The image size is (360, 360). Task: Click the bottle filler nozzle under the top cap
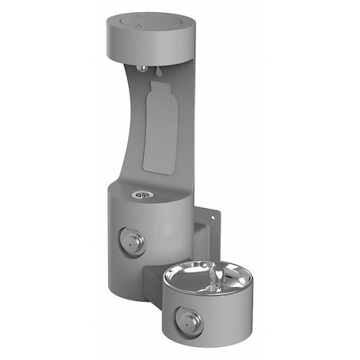click(141, 67)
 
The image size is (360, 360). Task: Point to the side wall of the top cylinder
click(152, 44)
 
